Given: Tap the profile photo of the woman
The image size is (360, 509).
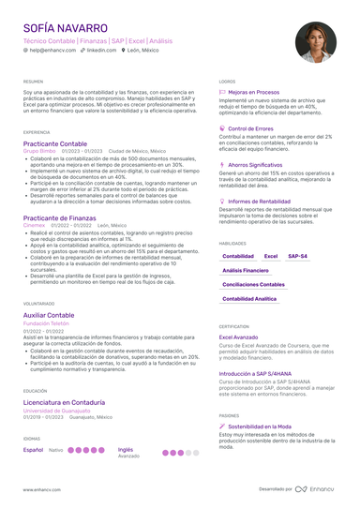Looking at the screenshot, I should click(x=314, y=43).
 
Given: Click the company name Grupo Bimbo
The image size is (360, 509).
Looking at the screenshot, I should click(x=39, y=150).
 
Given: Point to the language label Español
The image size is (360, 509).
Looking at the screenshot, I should click(x=33, y=450).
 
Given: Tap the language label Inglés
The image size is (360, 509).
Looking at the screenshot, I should click(x=126, y=449).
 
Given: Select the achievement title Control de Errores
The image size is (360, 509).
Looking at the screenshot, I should click(x=250, y=128).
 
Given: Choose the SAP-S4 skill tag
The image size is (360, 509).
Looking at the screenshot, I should click(x=297, y=256).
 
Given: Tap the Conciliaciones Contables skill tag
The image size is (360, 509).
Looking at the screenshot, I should click(x=254, y=284).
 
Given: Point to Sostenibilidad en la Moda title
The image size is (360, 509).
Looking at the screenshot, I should click(x=262, y=425).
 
